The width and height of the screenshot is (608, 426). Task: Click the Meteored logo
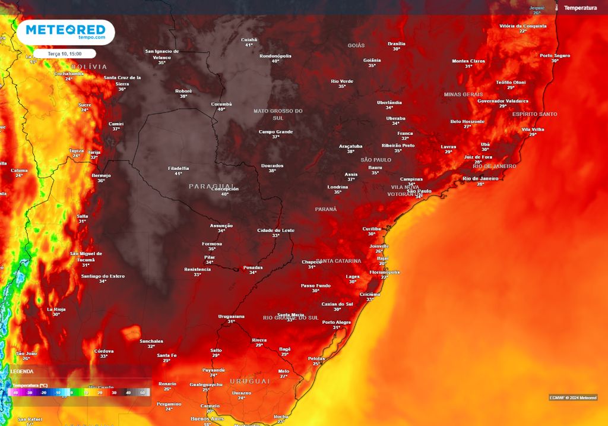click(65, 32)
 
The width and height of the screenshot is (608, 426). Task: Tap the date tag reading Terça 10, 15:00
click(64, 53)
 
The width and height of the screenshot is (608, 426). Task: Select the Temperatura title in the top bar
click(580, 8)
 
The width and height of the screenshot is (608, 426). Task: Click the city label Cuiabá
click(249, 40)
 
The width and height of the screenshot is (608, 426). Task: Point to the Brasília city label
click(396, 43)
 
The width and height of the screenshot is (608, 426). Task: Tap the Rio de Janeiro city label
click(480, 178)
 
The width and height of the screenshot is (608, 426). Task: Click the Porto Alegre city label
click(337, 322)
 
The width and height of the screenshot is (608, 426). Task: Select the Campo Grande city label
click(276, 131)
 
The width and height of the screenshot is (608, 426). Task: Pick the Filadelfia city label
click(179, 168)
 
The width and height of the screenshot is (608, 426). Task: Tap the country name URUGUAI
click(250, 381)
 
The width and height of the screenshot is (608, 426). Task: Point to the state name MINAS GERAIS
click(463, 94)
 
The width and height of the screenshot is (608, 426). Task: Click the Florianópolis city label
click(384, 272)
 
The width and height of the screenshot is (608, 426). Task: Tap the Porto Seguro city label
click(555, 55)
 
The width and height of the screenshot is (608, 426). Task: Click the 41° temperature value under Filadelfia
click(178, 174)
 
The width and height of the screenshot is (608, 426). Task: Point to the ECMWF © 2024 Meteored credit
click(573, 397)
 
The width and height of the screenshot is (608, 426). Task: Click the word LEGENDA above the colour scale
click(22, 371)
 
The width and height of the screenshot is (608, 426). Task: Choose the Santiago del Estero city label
click(103, 276)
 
